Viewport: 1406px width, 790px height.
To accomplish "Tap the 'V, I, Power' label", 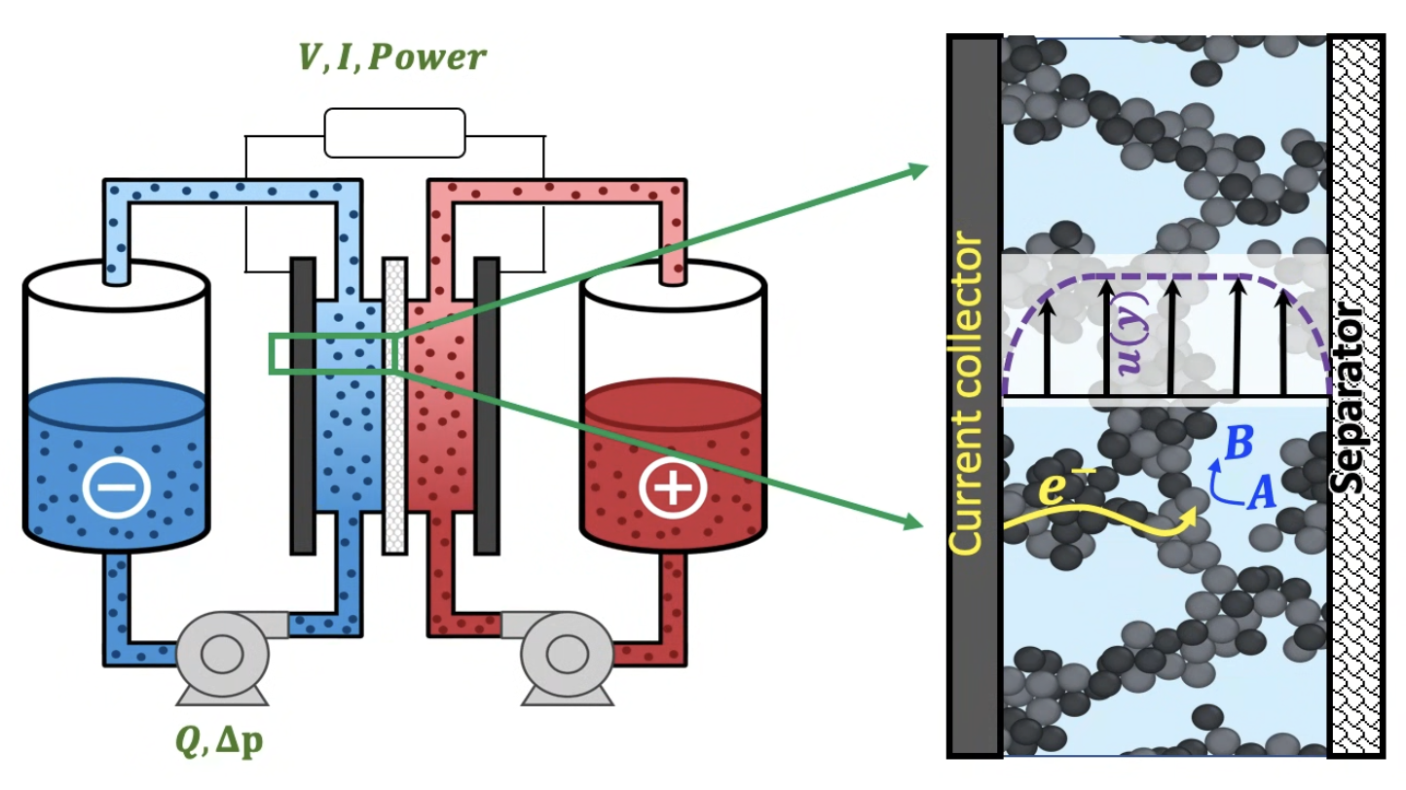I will pyautogui.click(x=392, y=57).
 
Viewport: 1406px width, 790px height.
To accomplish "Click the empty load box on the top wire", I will pyautogui.click(x=394, y=132).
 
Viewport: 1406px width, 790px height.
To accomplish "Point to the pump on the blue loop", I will pyautogui.click(x=223, y=652).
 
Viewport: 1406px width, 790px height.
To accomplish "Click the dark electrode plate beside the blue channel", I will pyautogui.click(x=303, y=406).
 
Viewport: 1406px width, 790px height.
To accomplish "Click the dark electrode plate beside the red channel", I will pyautogui.click(x=486, y=406).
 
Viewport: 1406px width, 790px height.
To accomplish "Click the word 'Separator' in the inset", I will pyautogui.click(x=1355, y=399).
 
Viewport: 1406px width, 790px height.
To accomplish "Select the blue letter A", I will pyautogui.click(x=1260, y=496).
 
